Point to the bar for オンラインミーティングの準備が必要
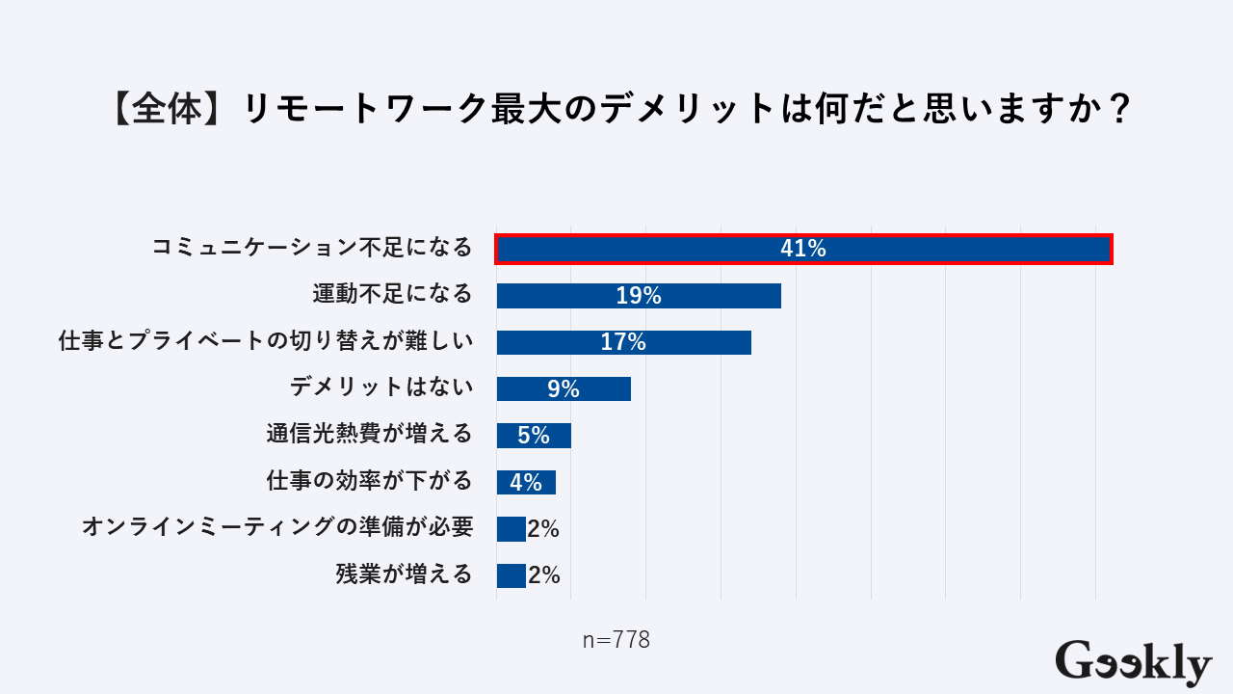pyautogui.click(x=511, y=529)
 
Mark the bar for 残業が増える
pyautogui.click(x=511, y=575)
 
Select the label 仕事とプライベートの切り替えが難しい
pyautogui.click(x=266, y=341)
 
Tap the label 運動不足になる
pyautogui.click(x=393, y=294)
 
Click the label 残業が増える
pyautogui.click(x=405, y=575)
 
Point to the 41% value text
pyautogui.click(x=803, y=249)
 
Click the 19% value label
pyautogui.click(x=639, y=296)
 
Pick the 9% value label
pyautogui.click(x=564, y=389)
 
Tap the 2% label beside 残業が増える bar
pyautogui.click(x=544, y=575)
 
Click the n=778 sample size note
pyautogui.click(x=616, y=640)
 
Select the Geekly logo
pyautogui.click(x=1133, y=662)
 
